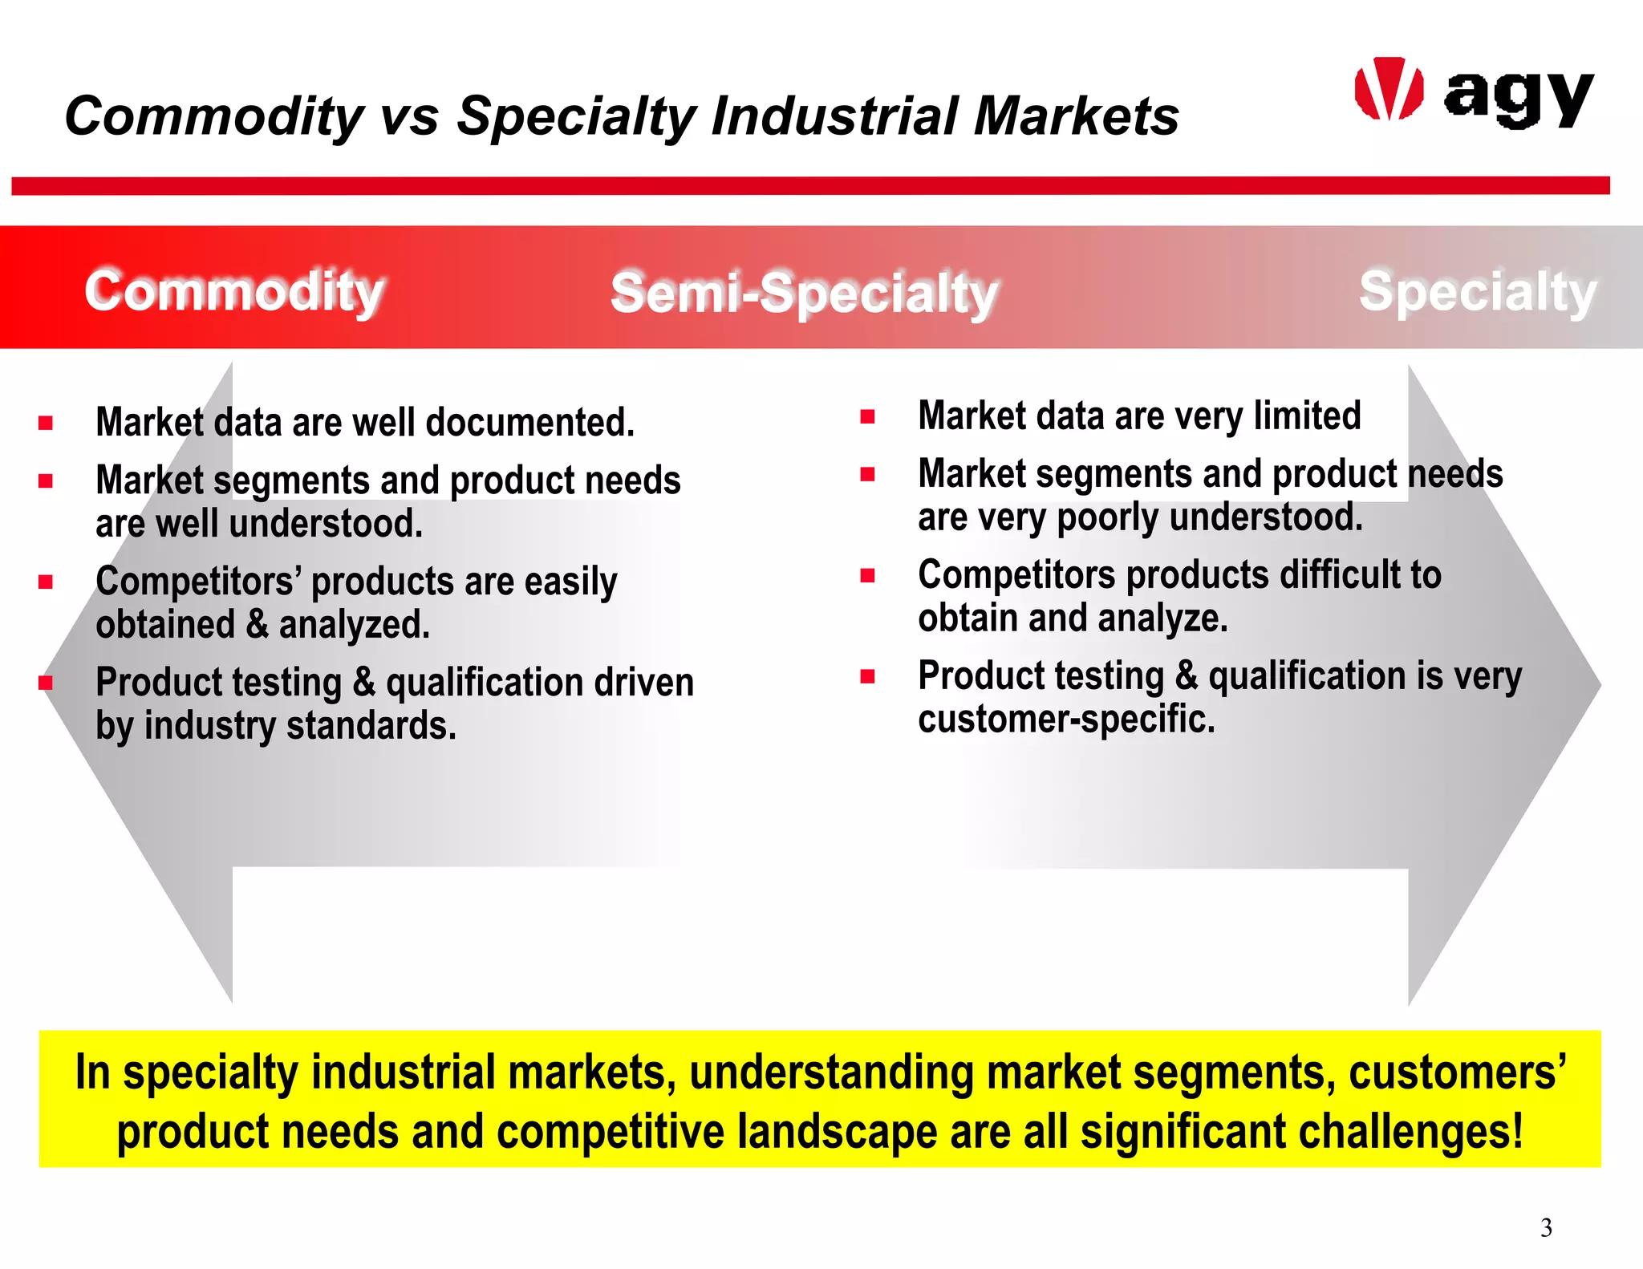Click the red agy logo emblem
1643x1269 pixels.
(1389, 89)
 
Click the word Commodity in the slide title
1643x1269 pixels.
(214, 116)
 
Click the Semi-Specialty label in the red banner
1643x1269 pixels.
(803, 293)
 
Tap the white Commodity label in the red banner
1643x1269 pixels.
(234, 290)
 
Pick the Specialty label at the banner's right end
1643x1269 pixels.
(1477, 291)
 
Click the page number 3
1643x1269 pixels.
(1546, 1227)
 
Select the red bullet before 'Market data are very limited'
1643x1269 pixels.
(867, 416)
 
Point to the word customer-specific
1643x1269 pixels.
(1066, 719)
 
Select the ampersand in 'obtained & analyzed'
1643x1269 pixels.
(258, 624)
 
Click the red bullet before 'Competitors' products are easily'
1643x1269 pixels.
(46, 582)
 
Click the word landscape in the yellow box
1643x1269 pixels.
(838, 1132)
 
